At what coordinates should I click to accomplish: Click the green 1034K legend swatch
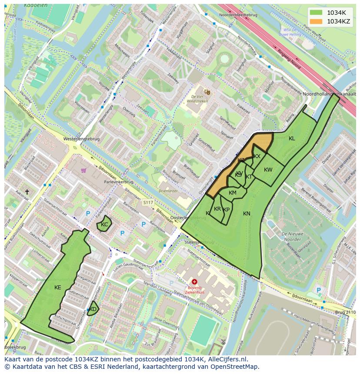(316, 12)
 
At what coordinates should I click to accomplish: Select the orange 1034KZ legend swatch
(316, 21)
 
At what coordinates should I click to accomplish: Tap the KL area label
(292, 139)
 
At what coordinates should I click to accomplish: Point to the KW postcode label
(268, 170)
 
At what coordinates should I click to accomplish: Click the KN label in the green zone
(247, 213)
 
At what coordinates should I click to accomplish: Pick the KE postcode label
(58, 288)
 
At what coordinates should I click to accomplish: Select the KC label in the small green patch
(104, 225)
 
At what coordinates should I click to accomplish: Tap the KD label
(93, 309)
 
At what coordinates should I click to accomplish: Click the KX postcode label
(257, 156)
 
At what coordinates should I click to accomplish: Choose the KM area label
(233, 193)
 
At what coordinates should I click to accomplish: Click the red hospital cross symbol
(194, 281)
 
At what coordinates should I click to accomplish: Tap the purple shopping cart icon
(83, 170)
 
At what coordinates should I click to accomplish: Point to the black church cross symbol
(27, 192)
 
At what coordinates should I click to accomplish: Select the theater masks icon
(207, 92)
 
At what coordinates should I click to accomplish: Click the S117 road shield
(148, 202)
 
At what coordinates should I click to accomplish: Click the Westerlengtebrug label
(81, 139)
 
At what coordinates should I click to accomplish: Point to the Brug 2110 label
(345, 312)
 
